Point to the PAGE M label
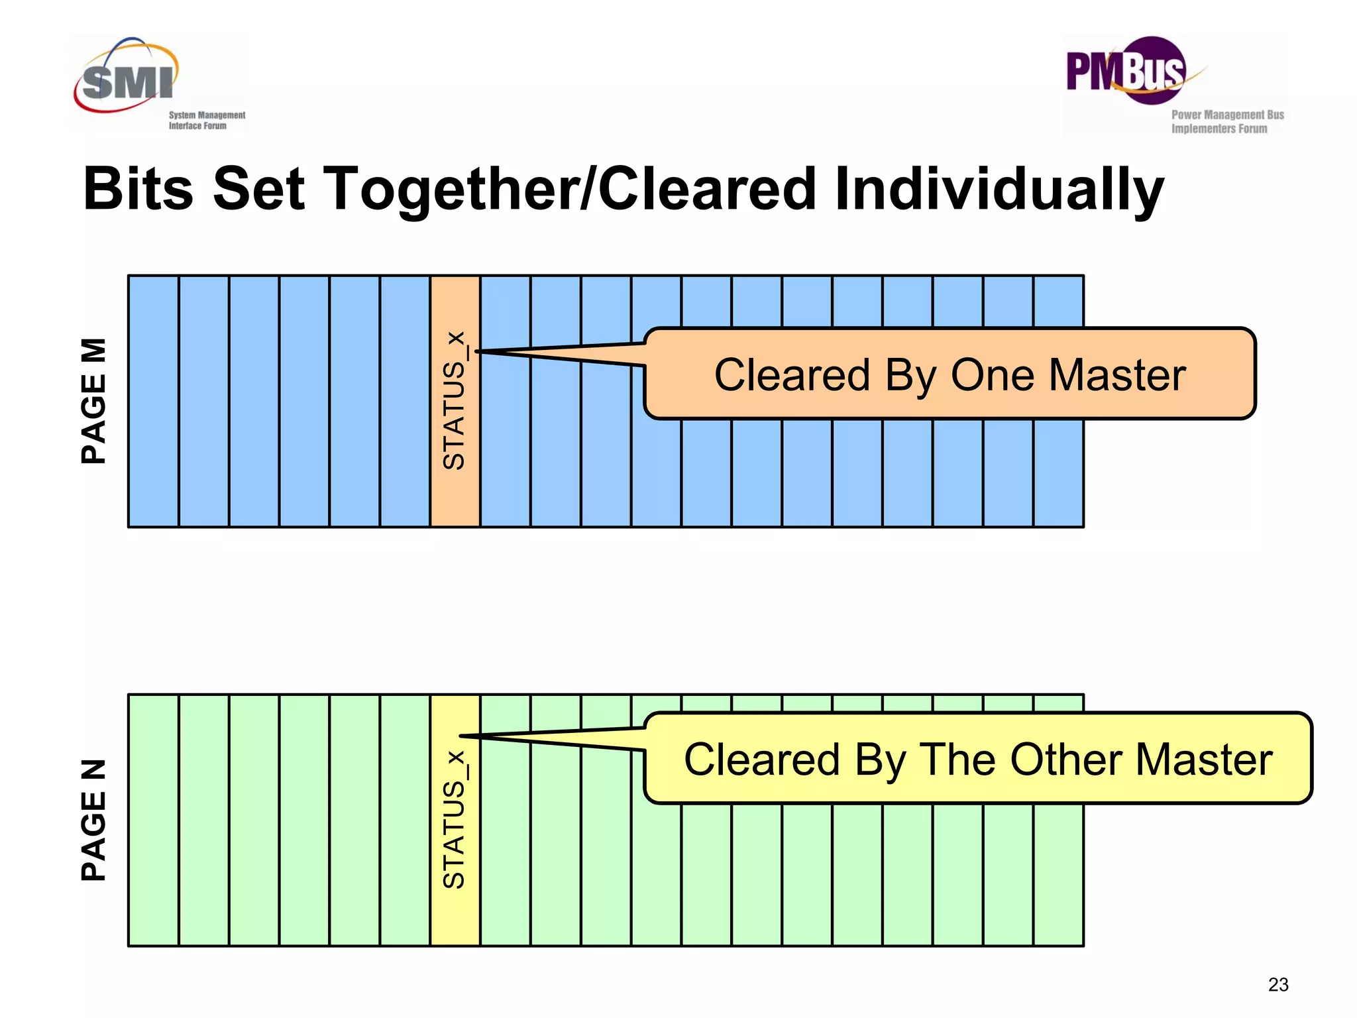pyautogui.click(x=93, y=401)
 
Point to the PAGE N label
pyautogui.click(x=93, y=820)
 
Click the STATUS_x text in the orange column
pyautogui.click(x=455, y=401)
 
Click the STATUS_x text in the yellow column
pyautogui.click(x=455, y=820)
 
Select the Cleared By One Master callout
pyautogui.click(x=950, y=374)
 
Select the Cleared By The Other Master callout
pyautogui.click(x=978, y=759)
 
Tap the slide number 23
pyautogui.click(x=1278, y=985)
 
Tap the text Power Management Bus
pyautogui.click(x=1227, y=115)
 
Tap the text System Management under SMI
pyautogui.click(x=207, y=115)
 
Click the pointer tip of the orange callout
pyautogui.click(x=477, y=351)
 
